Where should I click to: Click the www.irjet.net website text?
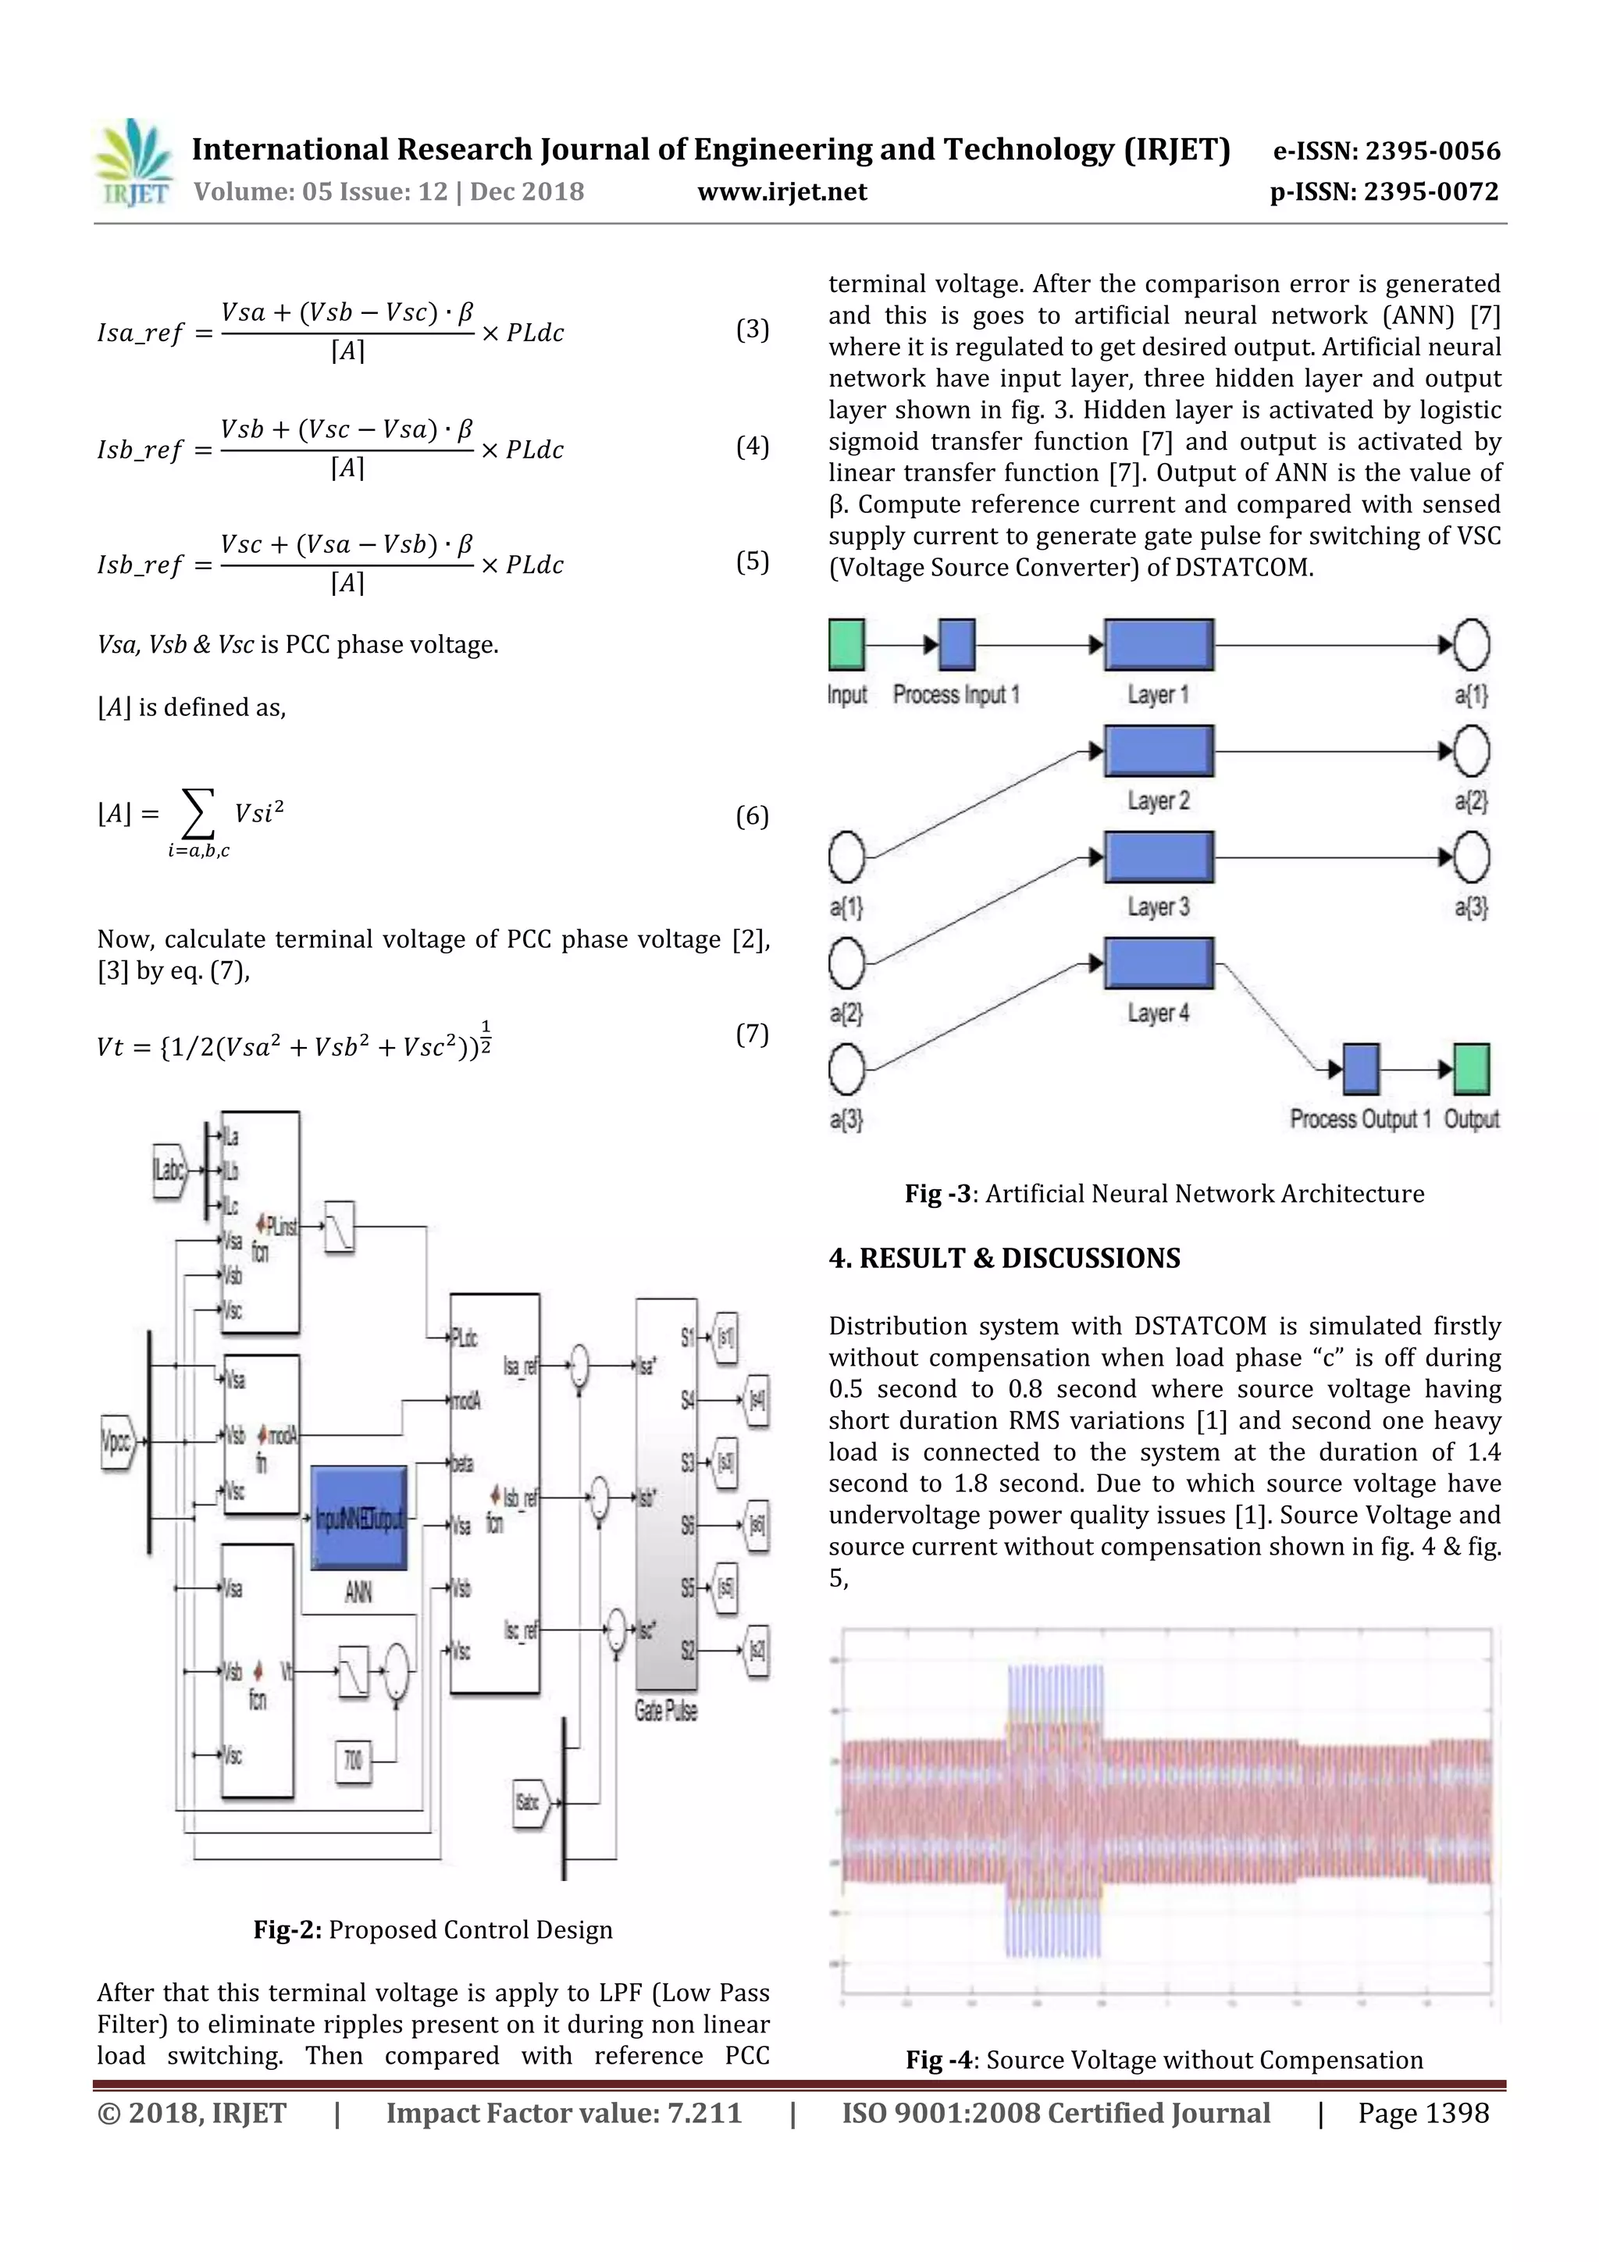point(782,192)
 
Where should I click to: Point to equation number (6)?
point(752,816)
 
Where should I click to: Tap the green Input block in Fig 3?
point(846,644)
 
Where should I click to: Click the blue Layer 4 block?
point(1159,963)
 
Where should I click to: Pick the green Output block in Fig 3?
point(1471,1069)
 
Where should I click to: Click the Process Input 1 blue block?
point(956,644)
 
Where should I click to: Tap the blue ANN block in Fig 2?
point(358,1518)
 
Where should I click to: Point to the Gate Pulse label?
point(665,1710)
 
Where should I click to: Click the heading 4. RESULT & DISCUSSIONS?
point(1004,1258)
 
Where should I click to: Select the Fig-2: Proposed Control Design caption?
point(433,1929)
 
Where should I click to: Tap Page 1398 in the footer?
point(1423,2112)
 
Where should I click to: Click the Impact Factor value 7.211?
point(564,2112)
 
